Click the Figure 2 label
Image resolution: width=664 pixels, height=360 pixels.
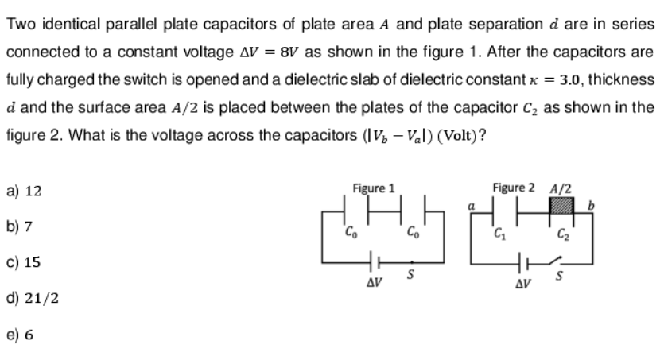pyautogui.click(x=514, y=188)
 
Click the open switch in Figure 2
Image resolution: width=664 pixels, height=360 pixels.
pyautogui.click(x=564, y=263)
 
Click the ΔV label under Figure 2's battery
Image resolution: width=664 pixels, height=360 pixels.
pyautogui.click(x=522, y=283)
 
